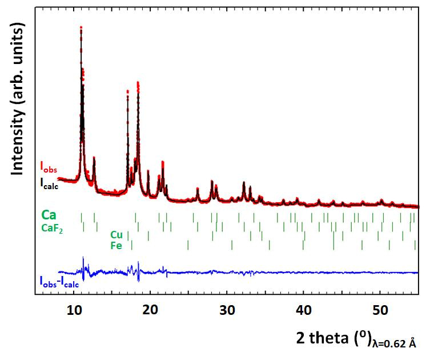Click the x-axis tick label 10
[x=74, y=310]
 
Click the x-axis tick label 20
[x=150, y=310]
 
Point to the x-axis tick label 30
[x=227, y=310]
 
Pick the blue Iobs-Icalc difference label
[x=59, y=281]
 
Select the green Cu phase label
[x=116, y=235]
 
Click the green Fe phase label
[x=116, y=246]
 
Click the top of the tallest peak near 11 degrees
[x=81, y=27]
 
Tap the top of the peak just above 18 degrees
[x=138, y=83]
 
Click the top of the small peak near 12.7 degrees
[x=94, y=157]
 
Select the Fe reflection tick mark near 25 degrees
[x=188, y=246]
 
